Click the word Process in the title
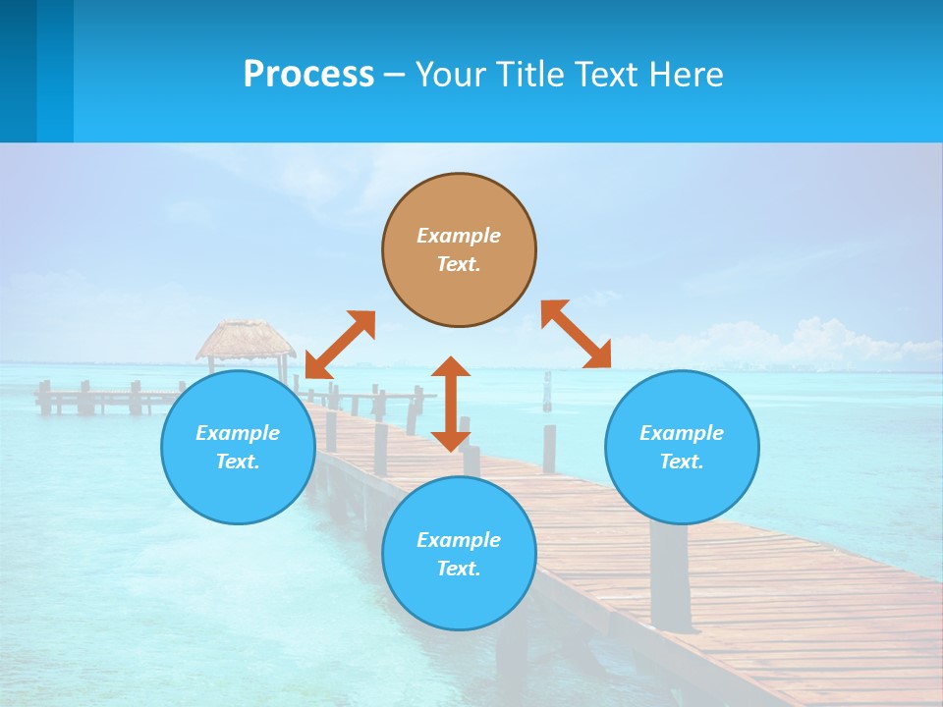[308, 74]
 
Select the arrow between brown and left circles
[340, 345]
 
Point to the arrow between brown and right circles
[576, 334]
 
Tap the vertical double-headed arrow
[451, 404]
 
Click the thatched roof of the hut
[245, 339]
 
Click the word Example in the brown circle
[459, 236]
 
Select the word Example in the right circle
[682, 433]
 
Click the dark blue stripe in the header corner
[18, 71]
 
